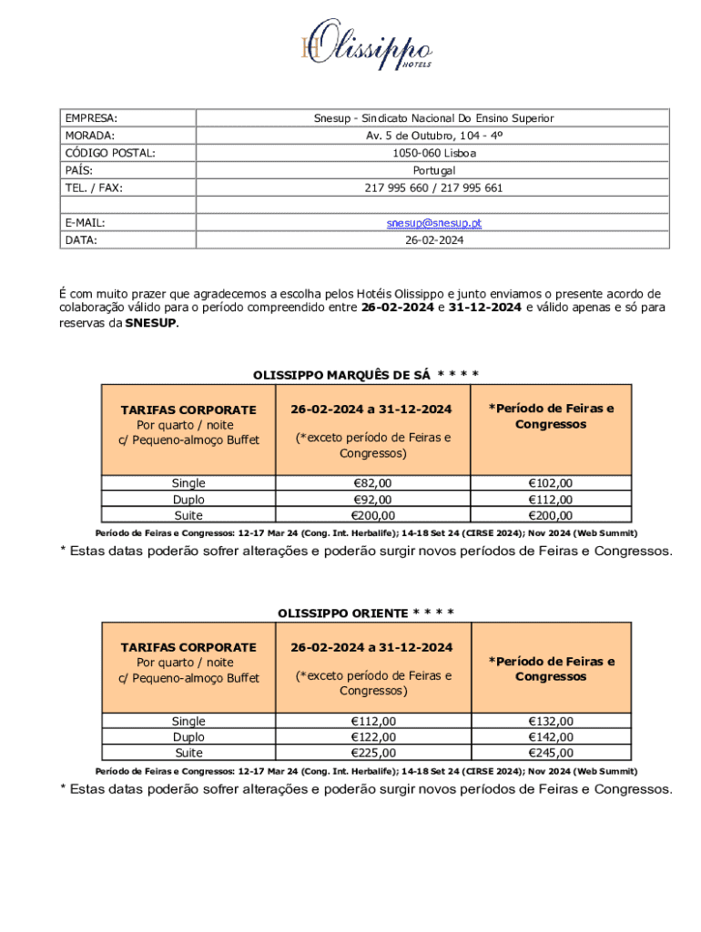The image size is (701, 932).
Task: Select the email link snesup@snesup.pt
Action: (433, 223)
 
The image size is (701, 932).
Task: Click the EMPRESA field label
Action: (91, 118)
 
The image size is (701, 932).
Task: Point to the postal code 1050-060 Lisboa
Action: (433, 153)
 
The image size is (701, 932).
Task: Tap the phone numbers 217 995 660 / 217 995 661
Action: (433, 187)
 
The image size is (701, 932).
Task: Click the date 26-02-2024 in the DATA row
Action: (433, 240)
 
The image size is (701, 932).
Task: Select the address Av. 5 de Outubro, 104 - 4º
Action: (433, 136)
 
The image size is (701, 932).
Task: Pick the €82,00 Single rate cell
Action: (372, 483)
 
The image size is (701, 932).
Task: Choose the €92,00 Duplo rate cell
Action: (372, 500)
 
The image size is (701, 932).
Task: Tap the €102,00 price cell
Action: (551, 483)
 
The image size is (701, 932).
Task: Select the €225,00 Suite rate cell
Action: (372, 753)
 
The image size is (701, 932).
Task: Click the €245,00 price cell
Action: (551, 753)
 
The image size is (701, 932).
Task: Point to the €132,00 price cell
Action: (551, 721)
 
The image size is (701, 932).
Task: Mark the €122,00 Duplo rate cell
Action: (372, 737)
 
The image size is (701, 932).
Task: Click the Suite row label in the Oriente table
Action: (188, 753)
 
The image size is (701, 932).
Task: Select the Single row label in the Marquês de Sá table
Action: (188, 483)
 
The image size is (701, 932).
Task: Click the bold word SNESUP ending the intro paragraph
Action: (151, 323)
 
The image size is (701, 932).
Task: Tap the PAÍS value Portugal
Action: (433, 170)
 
